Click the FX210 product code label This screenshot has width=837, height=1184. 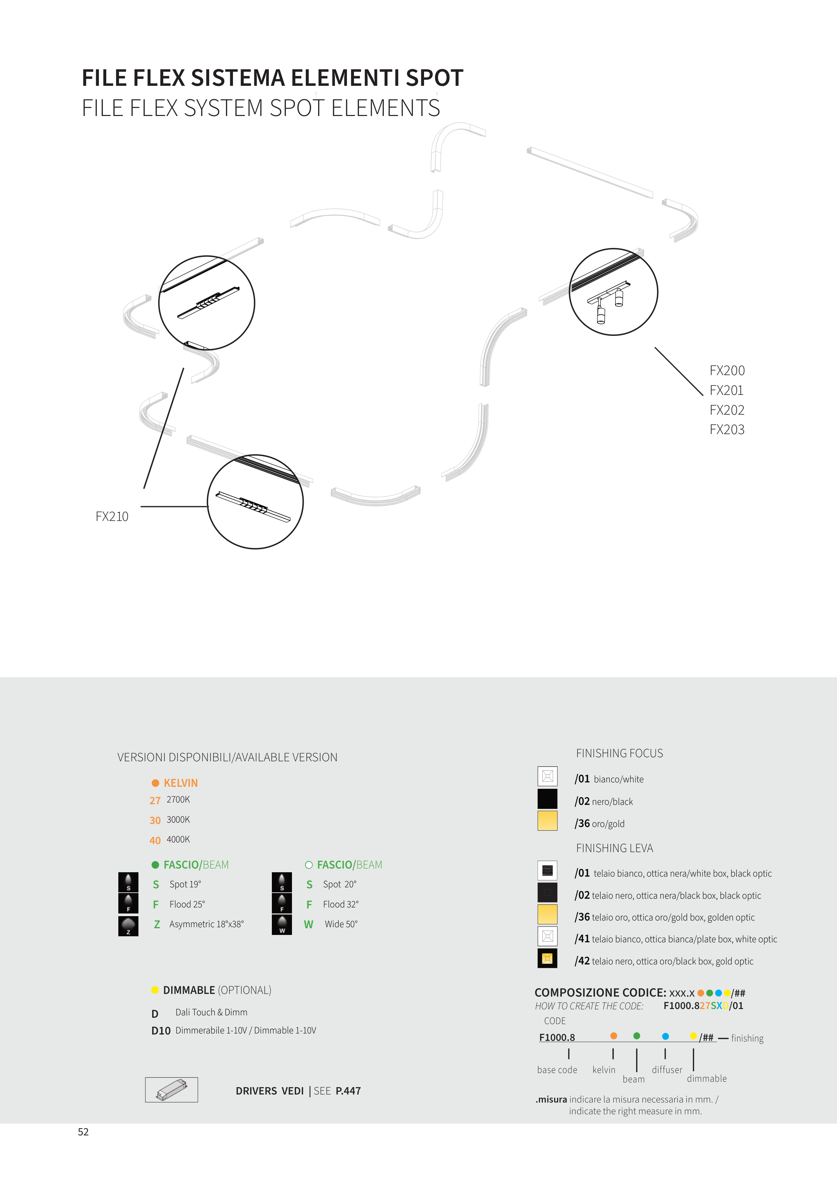112,516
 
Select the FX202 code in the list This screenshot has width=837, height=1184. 727,410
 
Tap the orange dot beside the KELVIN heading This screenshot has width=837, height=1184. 155,783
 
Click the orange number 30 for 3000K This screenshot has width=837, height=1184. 155,820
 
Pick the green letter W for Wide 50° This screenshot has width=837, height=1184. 308,925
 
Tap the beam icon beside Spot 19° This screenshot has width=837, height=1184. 128,882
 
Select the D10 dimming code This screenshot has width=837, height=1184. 161,1031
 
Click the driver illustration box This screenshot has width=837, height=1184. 171,1089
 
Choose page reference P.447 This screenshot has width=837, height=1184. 348,1091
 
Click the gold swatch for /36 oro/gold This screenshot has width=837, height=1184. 547,820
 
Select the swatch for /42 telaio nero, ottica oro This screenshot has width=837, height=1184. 547,958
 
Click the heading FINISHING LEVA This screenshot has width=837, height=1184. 614,848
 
